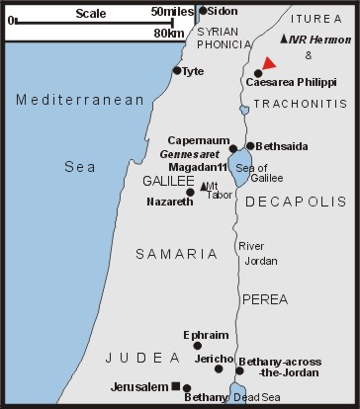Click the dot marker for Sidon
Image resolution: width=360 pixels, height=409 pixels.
click(x=204, y=11)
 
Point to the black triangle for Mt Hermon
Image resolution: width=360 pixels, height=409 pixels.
click(x=285, y=39)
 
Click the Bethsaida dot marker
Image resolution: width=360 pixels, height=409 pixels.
click(x=250, y=145)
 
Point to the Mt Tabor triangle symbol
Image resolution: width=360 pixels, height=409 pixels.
click(x=203, y=186)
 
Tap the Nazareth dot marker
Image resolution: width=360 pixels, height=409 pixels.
click(x=190, y=193)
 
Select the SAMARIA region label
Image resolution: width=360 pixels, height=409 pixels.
click(x=176, y=254)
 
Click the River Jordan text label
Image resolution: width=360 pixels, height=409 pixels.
click(x=261, y=253)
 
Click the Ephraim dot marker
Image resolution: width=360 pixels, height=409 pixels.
click(x=198, y=345)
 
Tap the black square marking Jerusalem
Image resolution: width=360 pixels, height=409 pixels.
click(x=175, y=385)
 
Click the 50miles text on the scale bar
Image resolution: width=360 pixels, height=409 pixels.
click(x=173, y=11)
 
